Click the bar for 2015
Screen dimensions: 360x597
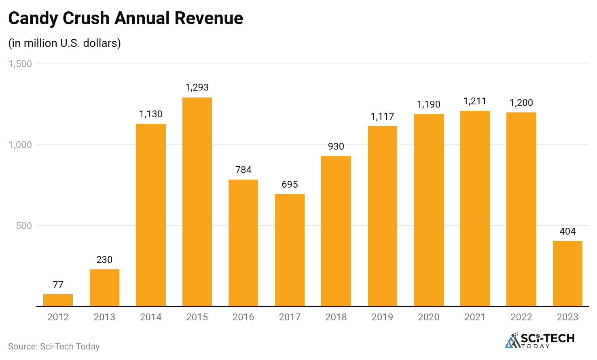pos(197,202)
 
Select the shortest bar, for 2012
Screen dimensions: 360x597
pos(58,300)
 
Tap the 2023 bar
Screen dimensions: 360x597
pos(567,273)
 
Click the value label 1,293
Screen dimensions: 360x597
pos(197,87)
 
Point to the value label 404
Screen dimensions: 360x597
pos(567,231)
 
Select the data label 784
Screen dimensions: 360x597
pos(243,170)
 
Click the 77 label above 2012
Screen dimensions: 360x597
pos(58,285)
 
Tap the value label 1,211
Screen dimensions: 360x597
pos(475,101)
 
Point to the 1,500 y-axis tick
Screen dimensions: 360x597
pos(20,64)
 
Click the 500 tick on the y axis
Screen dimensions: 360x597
pos(24,226)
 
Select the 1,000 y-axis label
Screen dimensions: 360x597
pos(20,145)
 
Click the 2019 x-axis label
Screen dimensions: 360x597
pos(382,317)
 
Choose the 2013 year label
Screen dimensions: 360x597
pos(104,317)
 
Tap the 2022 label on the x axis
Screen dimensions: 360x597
pos(521,317)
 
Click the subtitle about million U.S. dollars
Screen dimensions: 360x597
pos(65,43)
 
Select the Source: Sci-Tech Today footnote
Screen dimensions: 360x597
pos(54,346)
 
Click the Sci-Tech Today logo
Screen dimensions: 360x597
pos(540,341)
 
